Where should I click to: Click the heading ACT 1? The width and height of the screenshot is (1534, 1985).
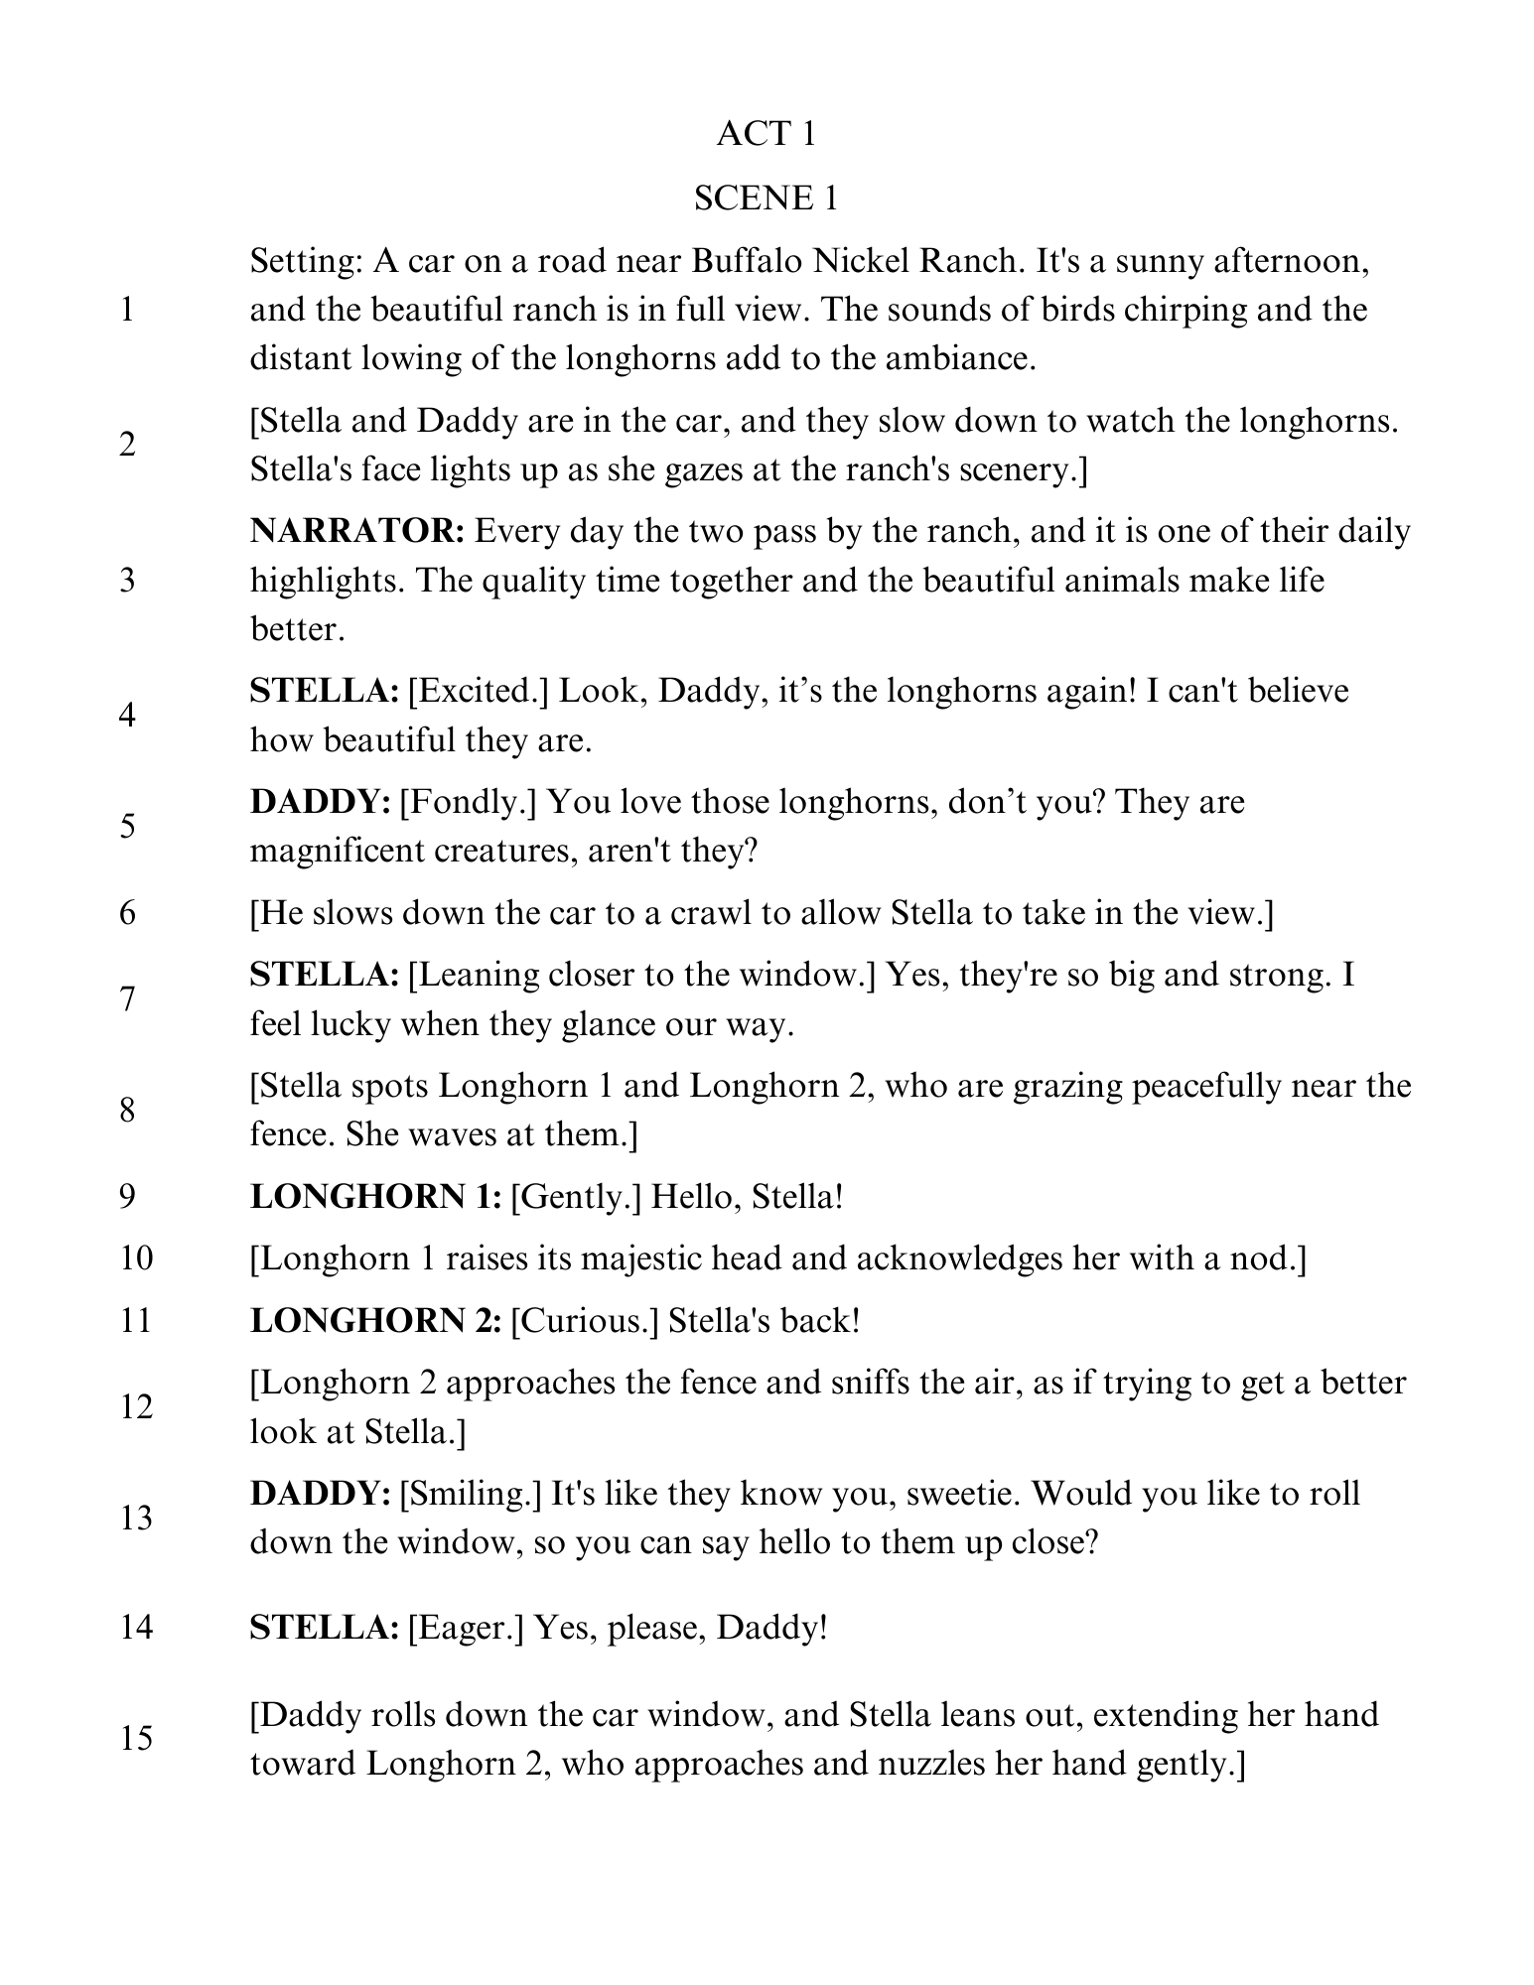pos(766,134)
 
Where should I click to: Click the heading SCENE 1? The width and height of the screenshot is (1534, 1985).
pos(766,198)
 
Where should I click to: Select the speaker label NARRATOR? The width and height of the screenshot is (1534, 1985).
pos(357,532)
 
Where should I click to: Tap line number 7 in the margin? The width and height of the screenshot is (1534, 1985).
pos(128,999)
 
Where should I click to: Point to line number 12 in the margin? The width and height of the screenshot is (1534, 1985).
pos(136,1407)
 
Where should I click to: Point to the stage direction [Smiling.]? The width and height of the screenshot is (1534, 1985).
pos(470,1494)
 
